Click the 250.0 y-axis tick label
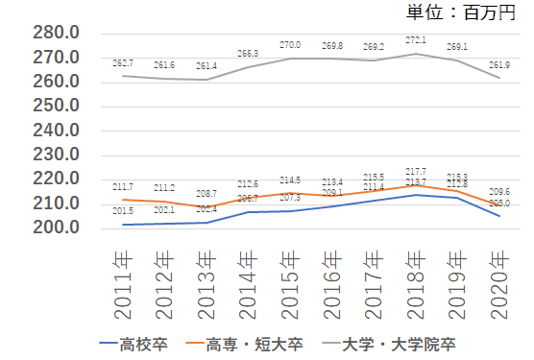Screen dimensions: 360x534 (55, 107)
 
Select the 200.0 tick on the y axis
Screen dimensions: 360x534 (55, 228)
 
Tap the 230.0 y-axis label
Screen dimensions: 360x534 (55, 156)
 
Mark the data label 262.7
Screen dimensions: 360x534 (122, 63)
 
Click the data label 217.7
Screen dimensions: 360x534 (415, 172)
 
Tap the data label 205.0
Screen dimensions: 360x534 (498, 204)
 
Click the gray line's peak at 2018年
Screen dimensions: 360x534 (414, 54)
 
